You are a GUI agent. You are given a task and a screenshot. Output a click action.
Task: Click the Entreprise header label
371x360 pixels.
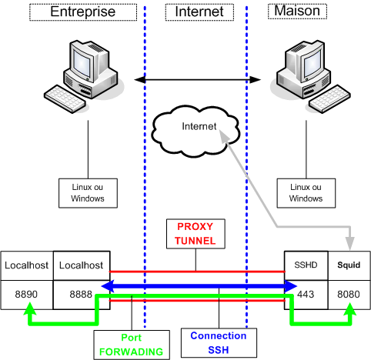click(x=83, y=12)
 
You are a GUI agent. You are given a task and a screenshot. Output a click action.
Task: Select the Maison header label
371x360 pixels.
click(x=297, y=11)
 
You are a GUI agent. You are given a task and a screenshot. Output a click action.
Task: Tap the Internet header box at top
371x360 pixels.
click(x=199, y=12)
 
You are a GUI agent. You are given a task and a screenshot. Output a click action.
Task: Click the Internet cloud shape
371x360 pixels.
click(x=196, y=131)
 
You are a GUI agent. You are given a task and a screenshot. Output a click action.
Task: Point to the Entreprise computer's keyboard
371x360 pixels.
click(x=65, y=99)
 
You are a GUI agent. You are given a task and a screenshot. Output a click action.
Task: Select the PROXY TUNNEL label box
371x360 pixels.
click(x=196, y=234)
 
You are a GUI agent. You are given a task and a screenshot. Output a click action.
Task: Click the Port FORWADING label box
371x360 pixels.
click(x=132, y=345)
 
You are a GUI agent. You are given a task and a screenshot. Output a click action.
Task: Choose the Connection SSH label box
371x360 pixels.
click(x=219, y=343)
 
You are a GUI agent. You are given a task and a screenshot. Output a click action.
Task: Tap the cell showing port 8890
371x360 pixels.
click(x=27, y=295)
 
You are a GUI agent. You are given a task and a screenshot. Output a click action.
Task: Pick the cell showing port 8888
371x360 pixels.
click(x=82, y=295)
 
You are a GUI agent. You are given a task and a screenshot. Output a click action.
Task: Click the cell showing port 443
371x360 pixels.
click(x=306, y=295)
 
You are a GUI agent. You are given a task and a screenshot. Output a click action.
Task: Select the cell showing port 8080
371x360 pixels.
click(x=349, y=295)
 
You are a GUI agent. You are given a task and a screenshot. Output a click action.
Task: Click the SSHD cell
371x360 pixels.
click(x=306, y=265)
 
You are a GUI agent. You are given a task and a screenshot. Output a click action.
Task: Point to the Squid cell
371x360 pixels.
click(x=349, y=265)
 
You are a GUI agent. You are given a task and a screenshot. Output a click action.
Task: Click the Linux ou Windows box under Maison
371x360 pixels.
click(x=306, y=193)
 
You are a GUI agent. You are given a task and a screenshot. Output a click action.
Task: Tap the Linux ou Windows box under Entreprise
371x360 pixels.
click(x=88, y=193)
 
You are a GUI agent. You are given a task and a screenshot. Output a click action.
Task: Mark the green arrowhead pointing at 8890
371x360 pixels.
click(x=30, y=308)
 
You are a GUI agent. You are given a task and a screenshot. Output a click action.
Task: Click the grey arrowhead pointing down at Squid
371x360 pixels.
click(x=349, y=243)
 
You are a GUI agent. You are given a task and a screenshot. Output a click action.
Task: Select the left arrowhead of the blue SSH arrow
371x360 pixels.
click(x=108, y=286)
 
